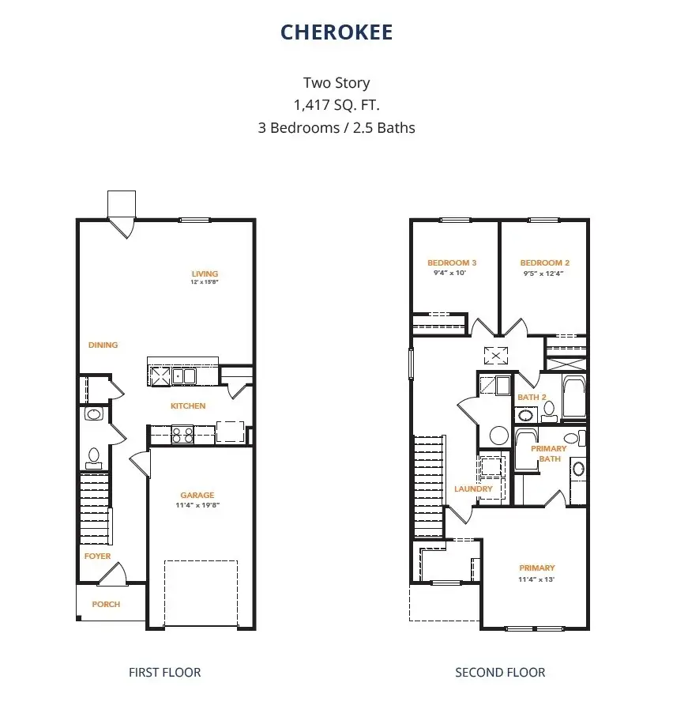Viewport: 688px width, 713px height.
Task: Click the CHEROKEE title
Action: pyautogui.click(x=336, y=32)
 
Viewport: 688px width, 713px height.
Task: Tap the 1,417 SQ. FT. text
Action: pyautogui.click(x=336, y=104)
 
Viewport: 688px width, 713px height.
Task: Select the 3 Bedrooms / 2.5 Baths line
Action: pyautogui.click(x=336, y=127)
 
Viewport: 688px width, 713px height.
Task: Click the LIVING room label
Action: pyautogui.click(x=205, y=274)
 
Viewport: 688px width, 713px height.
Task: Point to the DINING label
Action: pyautogui.click(x=103, y=345)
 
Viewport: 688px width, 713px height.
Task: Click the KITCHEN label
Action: pyautogui.click(x=188, y=406)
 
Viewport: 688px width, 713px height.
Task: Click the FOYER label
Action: pyautogui.click(x=98, y=556)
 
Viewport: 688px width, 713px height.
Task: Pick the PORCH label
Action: pyautogui.click(x=106, y=604)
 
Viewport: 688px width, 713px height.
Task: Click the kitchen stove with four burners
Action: pyautogui.click(x=183, y=433)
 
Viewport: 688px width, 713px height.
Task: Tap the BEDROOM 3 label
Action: pyautogui.click(x=452, y=263)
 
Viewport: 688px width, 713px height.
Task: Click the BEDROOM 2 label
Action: pyautogui.click(x=544, y=263)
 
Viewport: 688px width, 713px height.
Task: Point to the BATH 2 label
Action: pyautogui.click(x=532, y=397)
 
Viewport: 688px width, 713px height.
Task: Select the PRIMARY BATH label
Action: pyautogui.click(x=548, y=453)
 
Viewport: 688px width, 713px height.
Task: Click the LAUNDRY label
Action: pyautogui.click(x=473, y=489)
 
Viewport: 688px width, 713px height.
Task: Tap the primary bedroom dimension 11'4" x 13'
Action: pyautogui.click(x=536, y=579)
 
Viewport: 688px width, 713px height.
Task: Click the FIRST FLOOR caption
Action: pyautogui.click(x=164, y=673)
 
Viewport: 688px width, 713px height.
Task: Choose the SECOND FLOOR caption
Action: pyautogui.click(x=500, y=673)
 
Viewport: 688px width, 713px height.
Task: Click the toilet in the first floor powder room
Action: pyautogui.click(x=93, y=456)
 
